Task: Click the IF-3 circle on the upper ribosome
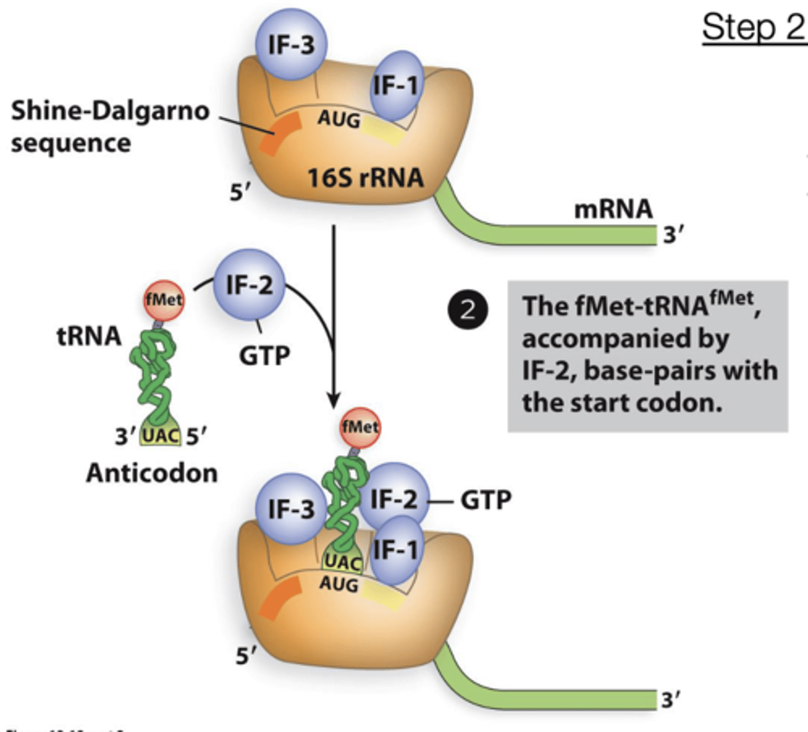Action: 291,45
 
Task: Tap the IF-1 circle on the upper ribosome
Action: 397,85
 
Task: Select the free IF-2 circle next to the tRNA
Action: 249,285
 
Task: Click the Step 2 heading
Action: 754,27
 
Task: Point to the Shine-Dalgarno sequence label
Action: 110,126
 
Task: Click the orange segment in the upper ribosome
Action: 280,133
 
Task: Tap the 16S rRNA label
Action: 365,178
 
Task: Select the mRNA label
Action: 613,209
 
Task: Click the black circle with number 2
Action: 467,310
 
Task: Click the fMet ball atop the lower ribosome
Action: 360,427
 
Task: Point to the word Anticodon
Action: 152,473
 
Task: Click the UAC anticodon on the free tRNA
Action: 161,436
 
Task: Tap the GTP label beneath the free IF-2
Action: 264,355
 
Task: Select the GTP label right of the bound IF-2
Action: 486,500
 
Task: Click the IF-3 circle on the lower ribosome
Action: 291,508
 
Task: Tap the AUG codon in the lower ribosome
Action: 339,584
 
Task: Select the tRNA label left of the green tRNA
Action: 89,336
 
